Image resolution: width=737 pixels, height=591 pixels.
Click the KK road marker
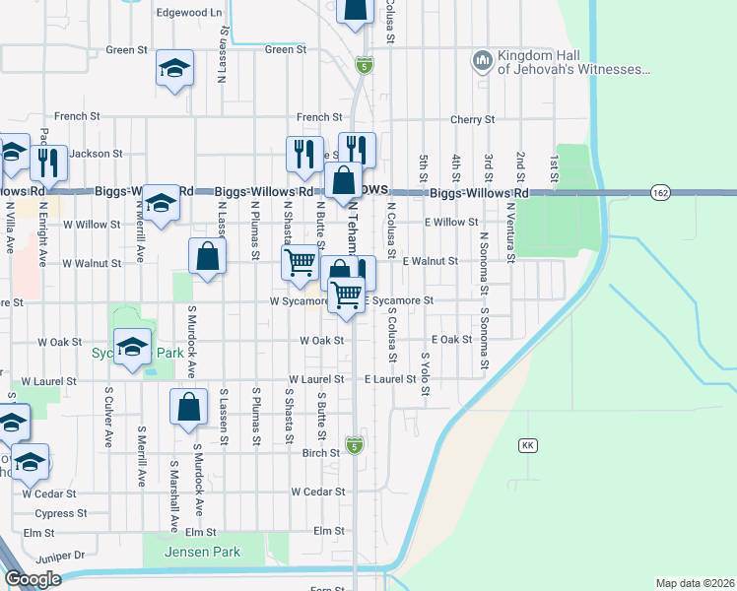tap(528, 446)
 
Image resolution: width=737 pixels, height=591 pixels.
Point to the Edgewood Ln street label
tap(189, 13)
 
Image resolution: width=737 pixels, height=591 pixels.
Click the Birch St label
tap(321, 454)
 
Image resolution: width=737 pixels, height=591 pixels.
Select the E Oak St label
tap(451, 339)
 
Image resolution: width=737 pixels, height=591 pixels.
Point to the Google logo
tap(33, 579)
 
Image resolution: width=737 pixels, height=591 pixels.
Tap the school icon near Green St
tap(175, 68)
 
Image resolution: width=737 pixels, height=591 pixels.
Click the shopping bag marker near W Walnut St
tap(208, 257)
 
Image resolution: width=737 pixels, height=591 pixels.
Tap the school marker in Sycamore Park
tap(132, 347)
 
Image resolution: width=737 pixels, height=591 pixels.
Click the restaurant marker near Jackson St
tap(47, 161)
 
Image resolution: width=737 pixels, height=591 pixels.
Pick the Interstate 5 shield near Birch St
tap(355, 445)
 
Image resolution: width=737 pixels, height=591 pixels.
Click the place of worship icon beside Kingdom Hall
tap(482, 62)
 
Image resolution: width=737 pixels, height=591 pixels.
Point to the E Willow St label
tap(451, 222)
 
